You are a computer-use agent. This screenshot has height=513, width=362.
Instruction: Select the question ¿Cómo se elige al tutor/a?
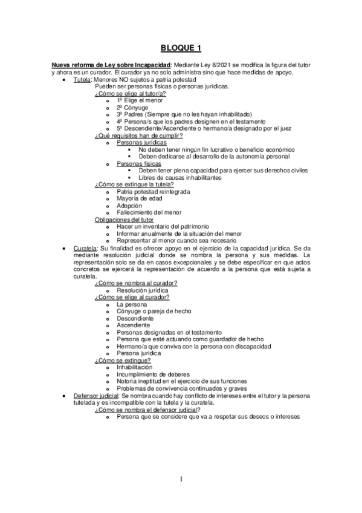coord(131,93)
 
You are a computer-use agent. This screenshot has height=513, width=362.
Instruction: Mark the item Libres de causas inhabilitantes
coord(179,177)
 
